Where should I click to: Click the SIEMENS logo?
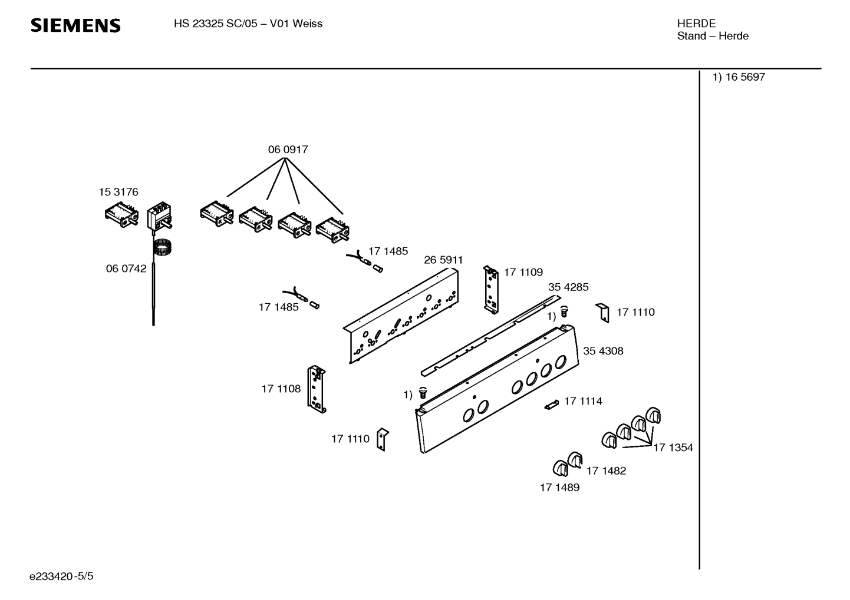tap(75, 25)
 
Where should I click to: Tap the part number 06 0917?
tap(288, 150)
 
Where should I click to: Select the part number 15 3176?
tap(118, 192)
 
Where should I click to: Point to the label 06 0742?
tap(126, 268)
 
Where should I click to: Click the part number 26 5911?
tap(443, 260)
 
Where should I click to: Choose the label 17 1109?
tap(523, 272)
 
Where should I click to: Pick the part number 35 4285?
tap(568, 287)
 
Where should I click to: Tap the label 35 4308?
tap(602, 351)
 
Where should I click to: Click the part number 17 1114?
tap(583, 401)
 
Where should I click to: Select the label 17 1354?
tap(673, 447)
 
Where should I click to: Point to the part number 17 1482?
tap(606, 470)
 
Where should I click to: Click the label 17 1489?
tap(559, 488)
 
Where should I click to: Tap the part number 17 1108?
tap(281, 389)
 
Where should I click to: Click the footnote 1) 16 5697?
tap(739, 77)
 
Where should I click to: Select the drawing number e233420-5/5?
tap(61, 576)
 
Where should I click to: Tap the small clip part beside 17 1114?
tap(551, 405)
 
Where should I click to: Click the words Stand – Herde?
tap(712, 36)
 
